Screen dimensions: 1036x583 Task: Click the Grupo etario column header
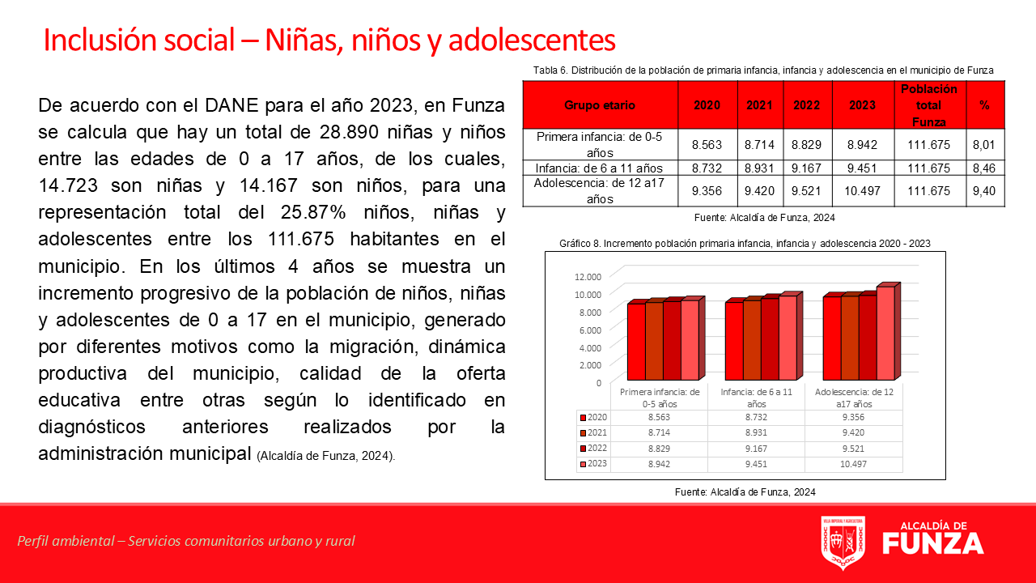click(x=600, y=105)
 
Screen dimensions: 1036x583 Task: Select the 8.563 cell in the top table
click(x=707, y=145)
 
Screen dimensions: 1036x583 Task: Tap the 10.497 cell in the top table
click(x=862, y=190)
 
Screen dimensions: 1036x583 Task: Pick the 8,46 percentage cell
click(x=983, y=168)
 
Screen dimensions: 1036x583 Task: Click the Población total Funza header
click(x=928, y=105)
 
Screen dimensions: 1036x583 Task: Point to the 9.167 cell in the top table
click(x=806, y=168)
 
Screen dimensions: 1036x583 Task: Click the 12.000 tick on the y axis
click(x=588, y=277)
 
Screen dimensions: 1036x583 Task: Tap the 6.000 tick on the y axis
click(x=590, y=330)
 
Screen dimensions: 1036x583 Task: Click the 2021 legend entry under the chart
click(x=594, y=432)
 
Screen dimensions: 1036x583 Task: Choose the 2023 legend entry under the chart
click(x=594, y=464)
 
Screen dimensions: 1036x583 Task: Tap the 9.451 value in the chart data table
click(x=756, y=464)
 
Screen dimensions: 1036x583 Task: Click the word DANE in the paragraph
click(x=231, y=105)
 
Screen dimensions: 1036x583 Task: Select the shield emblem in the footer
click(x=843, y=543)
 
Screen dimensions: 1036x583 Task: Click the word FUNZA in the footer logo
click(x=933, y=543)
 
